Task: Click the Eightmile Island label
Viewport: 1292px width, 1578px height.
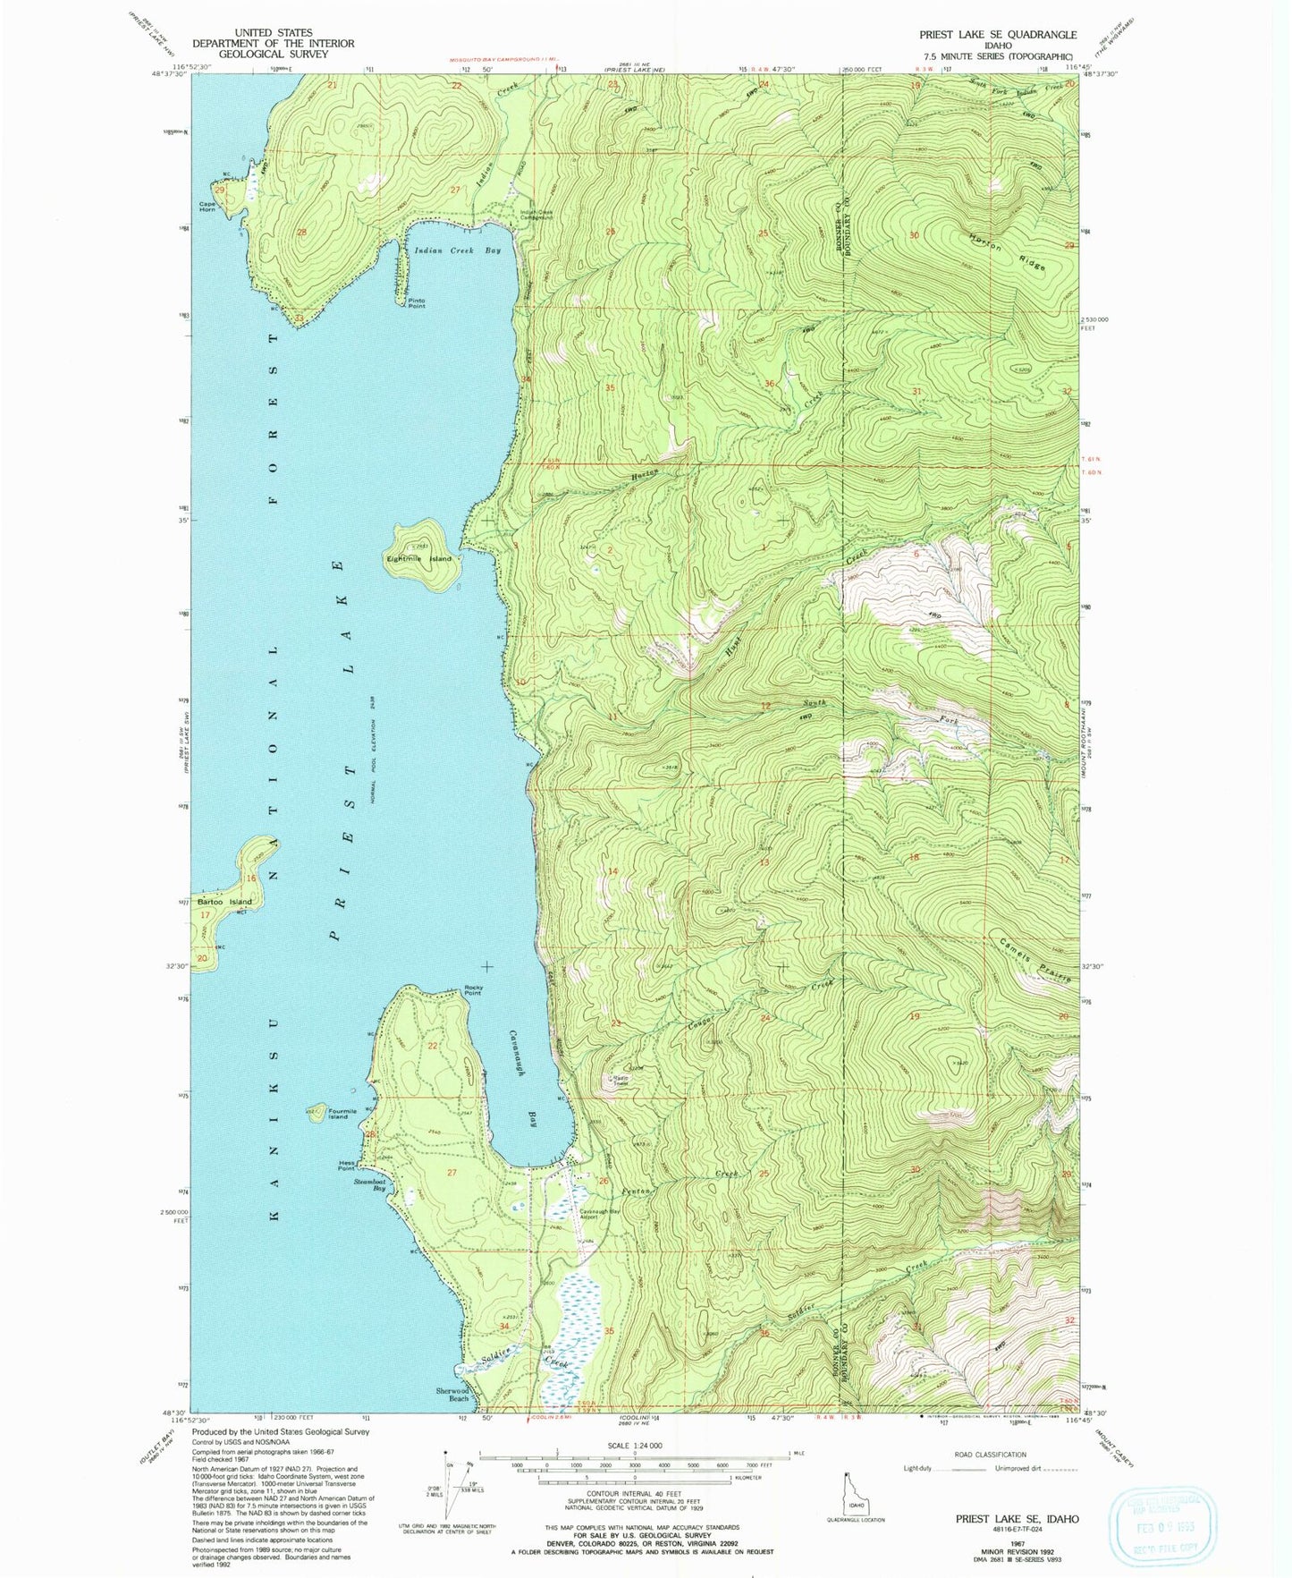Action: [x=418, y=559]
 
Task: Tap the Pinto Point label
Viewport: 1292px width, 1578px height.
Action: [x=416, y=303]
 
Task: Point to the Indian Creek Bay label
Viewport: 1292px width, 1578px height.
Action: [x=457, y=250]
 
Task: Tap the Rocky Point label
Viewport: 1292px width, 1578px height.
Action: [x=473, y=990]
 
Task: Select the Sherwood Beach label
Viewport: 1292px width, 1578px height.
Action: [x=452, y=1394]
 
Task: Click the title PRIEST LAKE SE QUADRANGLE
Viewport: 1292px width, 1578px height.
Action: [x=998, y=34]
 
